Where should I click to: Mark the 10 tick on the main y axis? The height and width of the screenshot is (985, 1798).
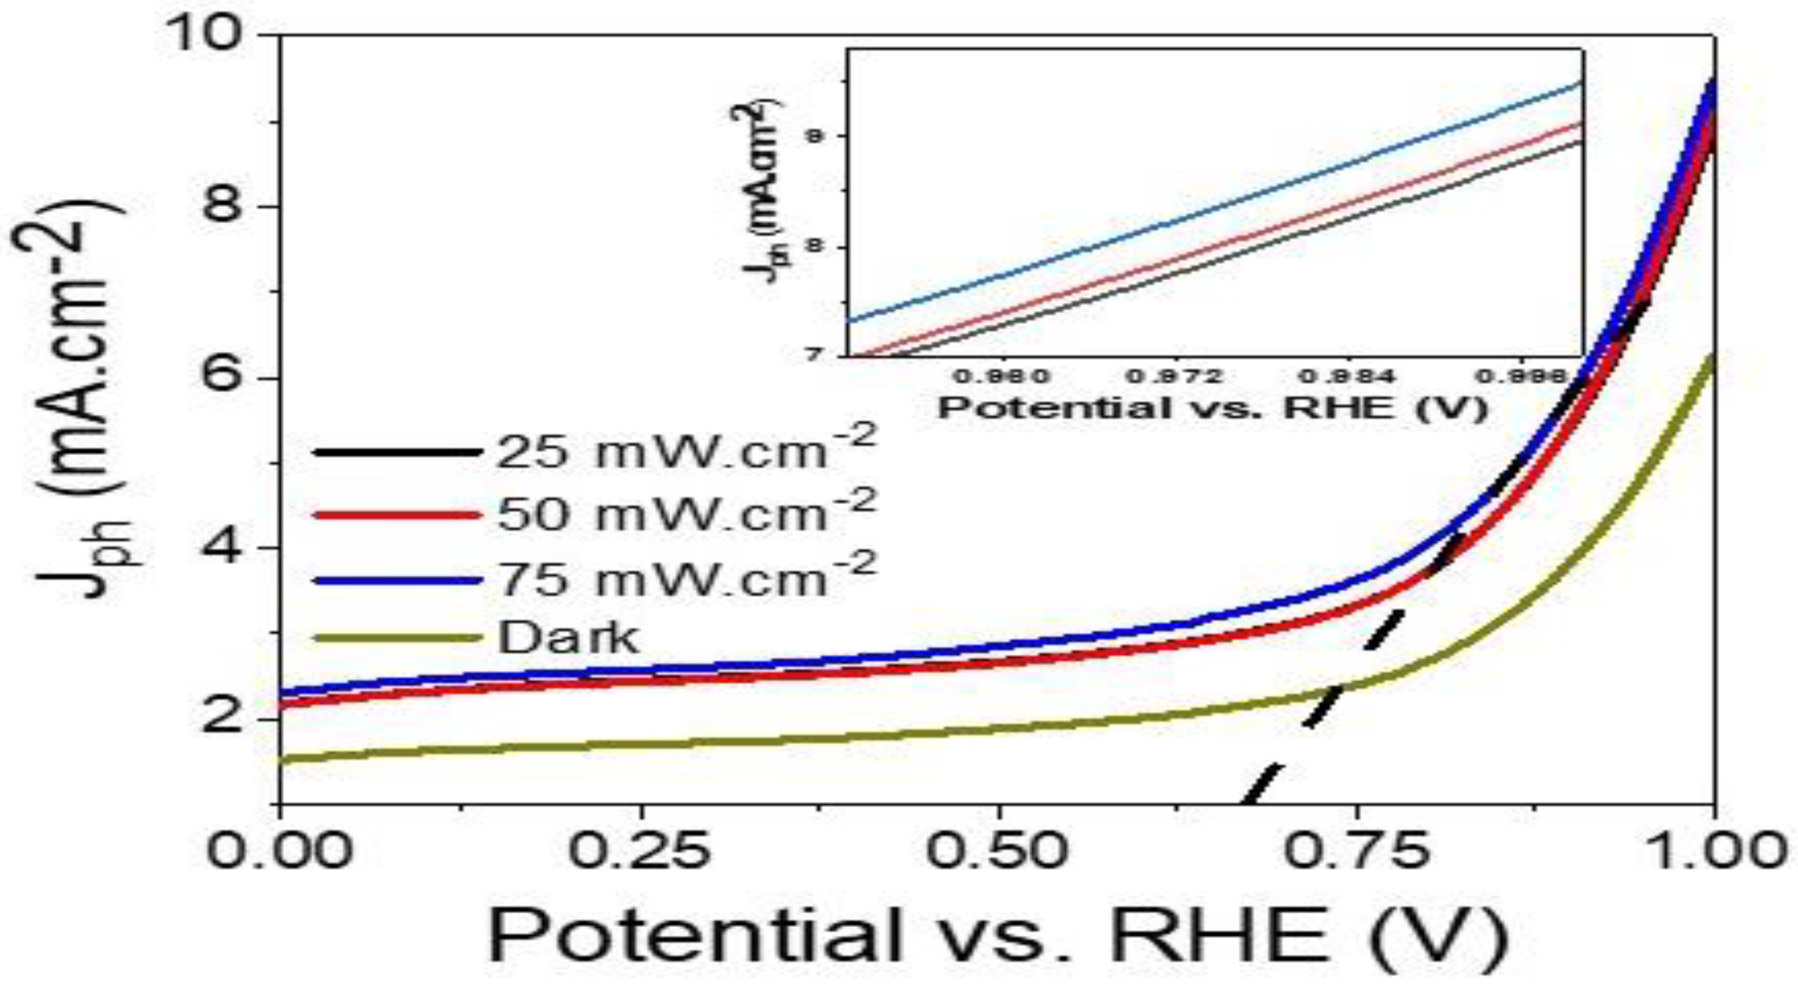pyautogui.click(x=216, y=35)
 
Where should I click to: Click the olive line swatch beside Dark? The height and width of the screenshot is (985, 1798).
pyautogui.click(x=398, y=638)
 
